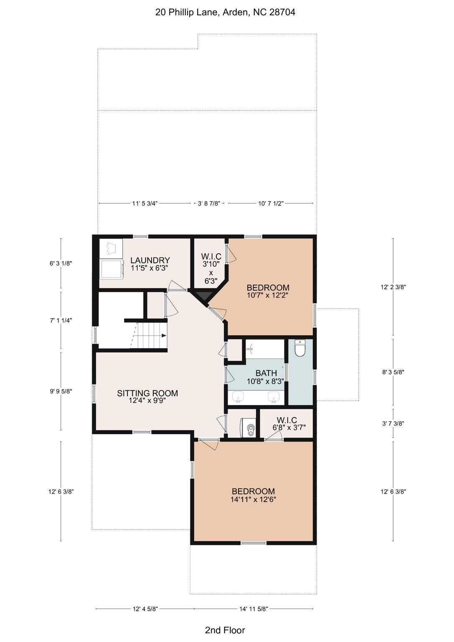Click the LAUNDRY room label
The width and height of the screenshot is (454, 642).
[x=150, y=260]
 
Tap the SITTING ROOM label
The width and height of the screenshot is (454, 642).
[x=147, y=393]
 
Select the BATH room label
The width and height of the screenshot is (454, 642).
[x=266, y=373]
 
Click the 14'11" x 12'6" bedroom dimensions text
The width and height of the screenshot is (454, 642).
[x=253, y=499]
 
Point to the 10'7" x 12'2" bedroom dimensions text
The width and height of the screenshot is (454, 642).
[x=268, y=295]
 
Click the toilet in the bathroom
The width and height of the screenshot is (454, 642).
[x=300, y=348]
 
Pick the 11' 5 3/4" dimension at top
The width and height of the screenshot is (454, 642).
[x=145, y=204]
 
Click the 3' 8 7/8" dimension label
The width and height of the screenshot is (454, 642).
[x=209, y=204]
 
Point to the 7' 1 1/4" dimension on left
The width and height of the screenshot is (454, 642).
[x=61, y=321]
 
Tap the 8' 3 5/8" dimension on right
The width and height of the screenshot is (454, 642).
[x=393, y=372]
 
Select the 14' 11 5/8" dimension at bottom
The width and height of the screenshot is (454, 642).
[x=254, y=609]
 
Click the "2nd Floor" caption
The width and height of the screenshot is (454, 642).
[x=225, y=630]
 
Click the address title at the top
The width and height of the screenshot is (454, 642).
[x=225, y=12]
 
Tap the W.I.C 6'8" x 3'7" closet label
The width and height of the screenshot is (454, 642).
[x=287, y=423]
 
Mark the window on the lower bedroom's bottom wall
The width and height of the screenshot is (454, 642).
[x=254, y=543]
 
